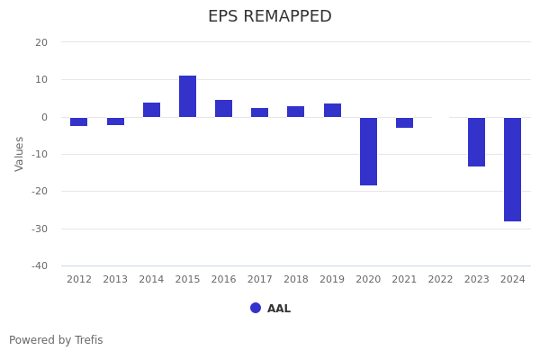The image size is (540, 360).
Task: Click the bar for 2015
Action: click(187, 96)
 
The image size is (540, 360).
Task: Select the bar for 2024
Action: click(512, 169)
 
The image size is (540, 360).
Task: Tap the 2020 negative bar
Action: click(368, 151)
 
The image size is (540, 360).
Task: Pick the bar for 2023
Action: click(476, 141)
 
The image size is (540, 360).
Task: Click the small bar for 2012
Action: click(79, 121)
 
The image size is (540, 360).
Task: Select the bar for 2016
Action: click(223, 108)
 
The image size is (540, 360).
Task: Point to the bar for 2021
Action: click(404, 122)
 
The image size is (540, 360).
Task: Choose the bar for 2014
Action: click(151, 110)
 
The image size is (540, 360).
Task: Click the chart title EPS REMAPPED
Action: click(270, 17)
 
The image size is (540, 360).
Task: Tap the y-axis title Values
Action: click(20, 153)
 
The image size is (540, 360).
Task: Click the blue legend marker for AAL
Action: click(256, 308)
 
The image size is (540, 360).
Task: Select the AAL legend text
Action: click(279, 309)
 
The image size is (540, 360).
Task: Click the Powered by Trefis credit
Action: click(56, 340)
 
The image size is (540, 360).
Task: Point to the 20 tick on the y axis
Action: click(41, 42)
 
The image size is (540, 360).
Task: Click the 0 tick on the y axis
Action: click(44, 117)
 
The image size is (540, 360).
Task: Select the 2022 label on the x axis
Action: click(440, 280)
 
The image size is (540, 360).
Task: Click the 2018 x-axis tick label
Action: click(295, 280)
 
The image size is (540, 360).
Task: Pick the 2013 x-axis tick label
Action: click(115, 280)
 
